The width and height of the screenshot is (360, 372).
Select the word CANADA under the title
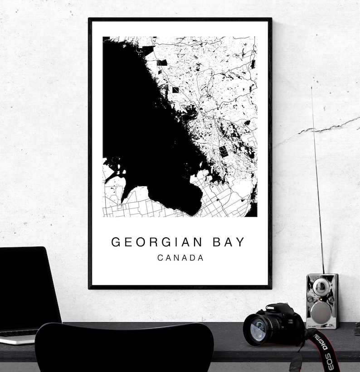[180, 258]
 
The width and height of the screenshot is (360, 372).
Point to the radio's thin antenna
[317, 181]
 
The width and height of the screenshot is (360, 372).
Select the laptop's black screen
[27, 285]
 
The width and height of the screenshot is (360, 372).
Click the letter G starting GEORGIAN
[115, 242]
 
